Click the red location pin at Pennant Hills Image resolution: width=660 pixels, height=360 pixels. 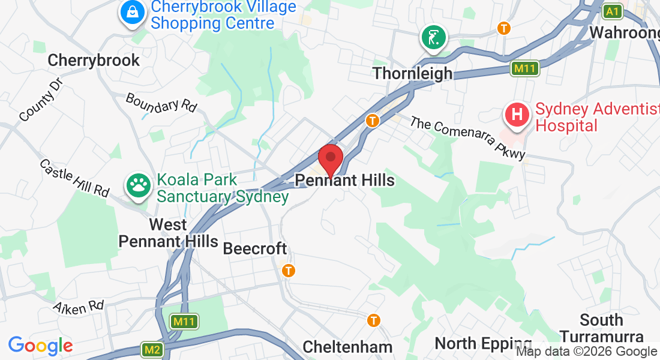point(330,159)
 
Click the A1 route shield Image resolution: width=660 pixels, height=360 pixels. point(612,11)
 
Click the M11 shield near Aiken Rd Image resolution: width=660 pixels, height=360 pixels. point(183,322)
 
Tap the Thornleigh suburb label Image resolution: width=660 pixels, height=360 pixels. point(412,73)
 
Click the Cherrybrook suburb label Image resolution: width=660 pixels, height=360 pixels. point(94,60)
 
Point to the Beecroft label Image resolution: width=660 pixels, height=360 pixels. point(255,248)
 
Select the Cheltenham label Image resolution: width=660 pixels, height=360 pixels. point(347,346)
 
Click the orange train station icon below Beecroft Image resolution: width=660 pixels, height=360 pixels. point(289,271)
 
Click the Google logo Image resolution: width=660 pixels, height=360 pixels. point(40,346)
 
